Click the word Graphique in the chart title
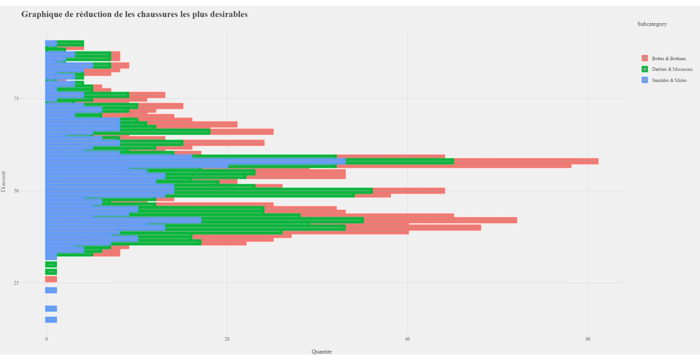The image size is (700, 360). tap(41, 14)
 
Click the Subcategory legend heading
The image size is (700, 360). tap(652, 24)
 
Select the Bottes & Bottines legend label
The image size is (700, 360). tap(669, 58)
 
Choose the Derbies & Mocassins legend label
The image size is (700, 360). tap(672, 69)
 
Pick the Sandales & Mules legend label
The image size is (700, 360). tap(669, 80)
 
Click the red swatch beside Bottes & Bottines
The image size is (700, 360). tap(644, 58)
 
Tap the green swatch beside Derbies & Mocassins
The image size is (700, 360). tap(644, 69)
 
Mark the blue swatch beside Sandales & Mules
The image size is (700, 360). tap(644, 80)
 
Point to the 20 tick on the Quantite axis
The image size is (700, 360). tap(227, 339)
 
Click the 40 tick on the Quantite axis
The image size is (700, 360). tap(407, 339)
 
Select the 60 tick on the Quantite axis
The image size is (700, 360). tap(588, 339)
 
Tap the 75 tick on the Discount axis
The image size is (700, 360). tap(16, 98)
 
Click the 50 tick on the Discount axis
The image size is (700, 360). tap(16, 190)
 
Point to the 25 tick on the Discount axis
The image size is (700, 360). tap(16, 283)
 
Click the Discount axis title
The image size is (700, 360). tap(4, 181)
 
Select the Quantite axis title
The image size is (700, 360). tap(322, 352)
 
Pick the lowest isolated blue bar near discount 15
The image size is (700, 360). tap(51, 319)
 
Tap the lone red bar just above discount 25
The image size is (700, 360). tap(51, 279)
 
